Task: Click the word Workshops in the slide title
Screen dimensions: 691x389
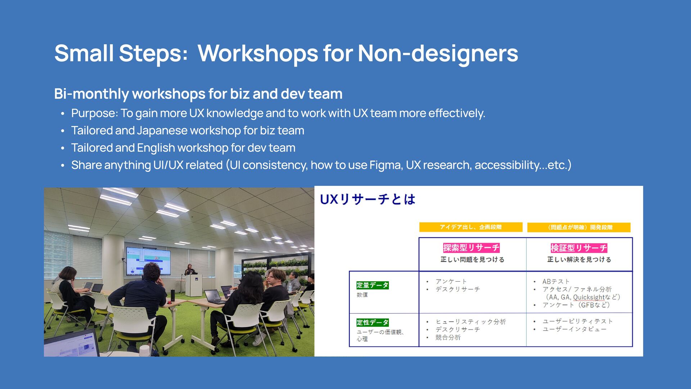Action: [258, 53]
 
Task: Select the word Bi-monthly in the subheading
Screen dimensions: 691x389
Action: [91, 94]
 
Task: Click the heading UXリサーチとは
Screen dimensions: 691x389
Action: [367, 199]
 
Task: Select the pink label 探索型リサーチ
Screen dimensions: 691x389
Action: [471, 248]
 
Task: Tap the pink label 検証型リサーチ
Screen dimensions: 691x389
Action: [579, 248]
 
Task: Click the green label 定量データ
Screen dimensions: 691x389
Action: [372, 285]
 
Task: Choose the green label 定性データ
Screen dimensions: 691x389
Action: [372, 322]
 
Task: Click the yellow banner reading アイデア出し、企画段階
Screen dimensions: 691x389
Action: [471, 227]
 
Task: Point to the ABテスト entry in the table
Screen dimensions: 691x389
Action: [556, 281]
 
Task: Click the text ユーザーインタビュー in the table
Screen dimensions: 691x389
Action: [574, 329]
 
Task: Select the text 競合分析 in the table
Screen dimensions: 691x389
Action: [448, 337]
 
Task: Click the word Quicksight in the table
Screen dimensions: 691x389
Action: [589, 297]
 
